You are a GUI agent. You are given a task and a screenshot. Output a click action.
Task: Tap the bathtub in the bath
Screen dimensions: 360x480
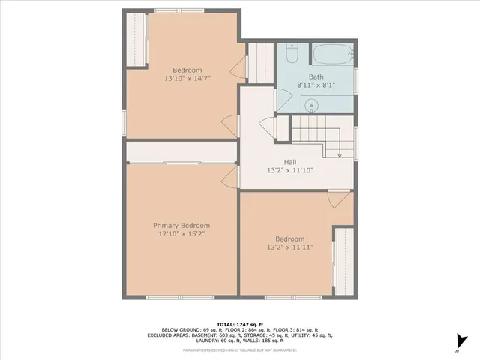pos(332,55)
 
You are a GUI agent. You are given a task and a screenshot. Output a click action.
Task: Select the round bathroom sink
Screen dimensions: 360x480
pos(314,106)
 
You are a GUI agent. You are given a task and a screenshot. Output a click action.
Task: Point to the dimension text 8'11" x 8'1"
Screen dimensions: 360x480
pos(315,85)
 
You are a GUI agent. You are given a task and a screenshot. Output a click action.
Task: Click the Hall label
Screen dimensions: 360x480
pos(289,161)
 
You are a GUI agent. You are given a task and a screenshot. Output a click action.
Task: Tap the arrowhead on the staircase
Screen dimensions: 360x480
pos(340,155)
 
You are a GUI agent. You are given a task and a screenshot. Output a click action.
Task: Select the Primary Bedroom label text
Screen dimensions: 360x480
pos(181,226)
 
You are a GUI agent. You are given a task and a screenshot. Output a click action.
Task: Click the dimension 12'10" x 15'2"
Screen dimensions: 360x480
pos(181,235)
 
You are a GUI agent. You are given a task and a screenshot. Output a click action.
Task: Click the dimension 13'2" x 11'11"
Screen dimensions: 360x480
pos(289,247)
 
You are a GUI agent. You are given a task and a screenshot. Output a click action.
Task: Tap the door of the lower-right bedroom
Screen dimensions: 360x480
pos(337,199)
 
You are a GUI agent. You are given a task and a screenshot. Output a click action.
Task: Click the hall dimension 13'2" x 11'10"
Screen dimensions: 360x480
pos(289,170)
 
